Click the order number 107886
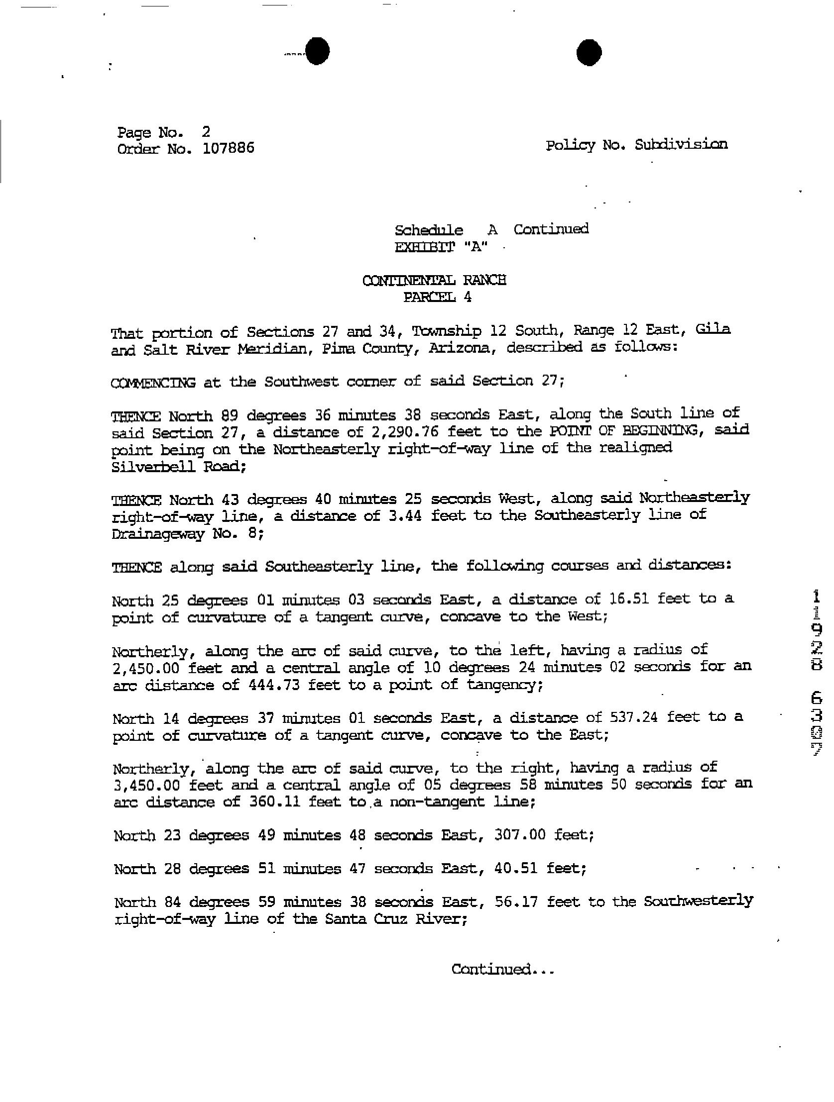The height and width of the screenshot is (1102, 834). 229,148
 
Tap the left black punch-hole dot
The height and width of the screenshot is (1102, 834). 317,51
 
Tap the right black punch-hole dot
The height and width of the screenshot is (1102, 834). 589,52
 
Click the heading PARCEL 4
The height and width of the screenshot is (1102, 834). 437,298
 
